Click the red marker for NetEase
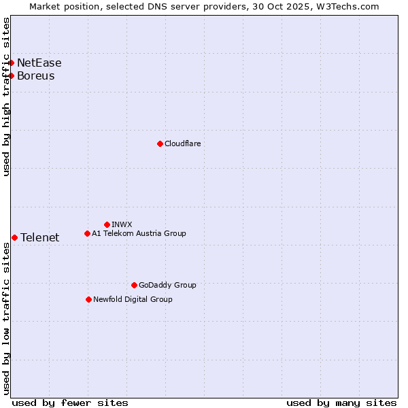(12, 63)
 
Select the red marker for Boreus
(12, 75)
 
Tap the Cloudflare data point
(160, 143)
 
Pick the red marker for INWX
(107, 224)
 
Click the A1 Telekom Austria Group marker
(87, 233)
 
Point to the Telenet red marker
(14, 237)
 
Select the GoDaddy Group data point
(134, 285)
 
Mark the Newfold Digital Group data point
(88, 299)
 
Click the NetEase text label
(39, 63)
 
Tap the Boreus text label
(36, 75)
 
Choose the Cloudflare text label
(182, 143)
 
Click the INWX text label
(122, 224)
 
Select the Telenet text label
(39, 237)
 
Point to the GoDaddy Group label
(167, 285)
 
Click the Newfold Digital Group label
(133, 299)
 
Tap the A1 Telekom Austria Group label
(139, 233)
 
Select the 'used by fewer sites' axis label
(70, 403)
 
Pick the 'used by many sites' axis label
(341, 403)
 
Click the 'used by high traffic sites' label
(6, 97)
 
